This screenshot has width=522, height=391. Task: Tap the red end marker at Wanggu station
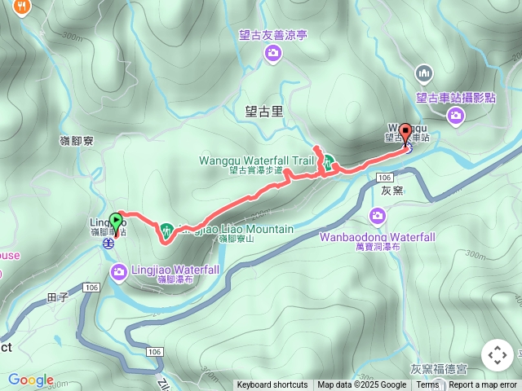pos(405,134)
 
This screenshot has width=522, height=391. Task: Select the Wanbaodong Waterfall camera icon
pos(377,216)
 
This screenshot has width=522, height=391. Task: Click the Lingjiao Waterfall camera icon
pos(119,270)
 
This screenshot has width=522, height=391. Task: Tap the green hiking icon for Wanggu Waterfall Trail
pos(326,162)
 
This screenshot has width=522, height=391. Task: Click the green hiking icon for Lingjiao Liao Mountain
pos(166,231)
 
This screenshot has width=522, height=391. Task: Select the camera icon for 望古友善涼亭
pos(272,53)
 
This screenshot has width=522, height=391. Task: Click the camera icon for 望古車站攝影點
pos(456,116)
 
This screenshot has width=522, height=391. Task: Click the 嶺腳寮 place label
pos(77,141)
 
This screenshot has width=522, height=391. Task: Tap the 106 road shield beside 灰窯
pos(385,177)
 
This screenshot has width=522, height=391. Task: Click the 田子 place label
pos(59,297)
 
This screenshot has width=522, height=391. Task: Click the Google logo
pos(30,380)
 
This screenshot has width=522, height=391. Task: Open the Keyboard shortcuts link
pos(272,385)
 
